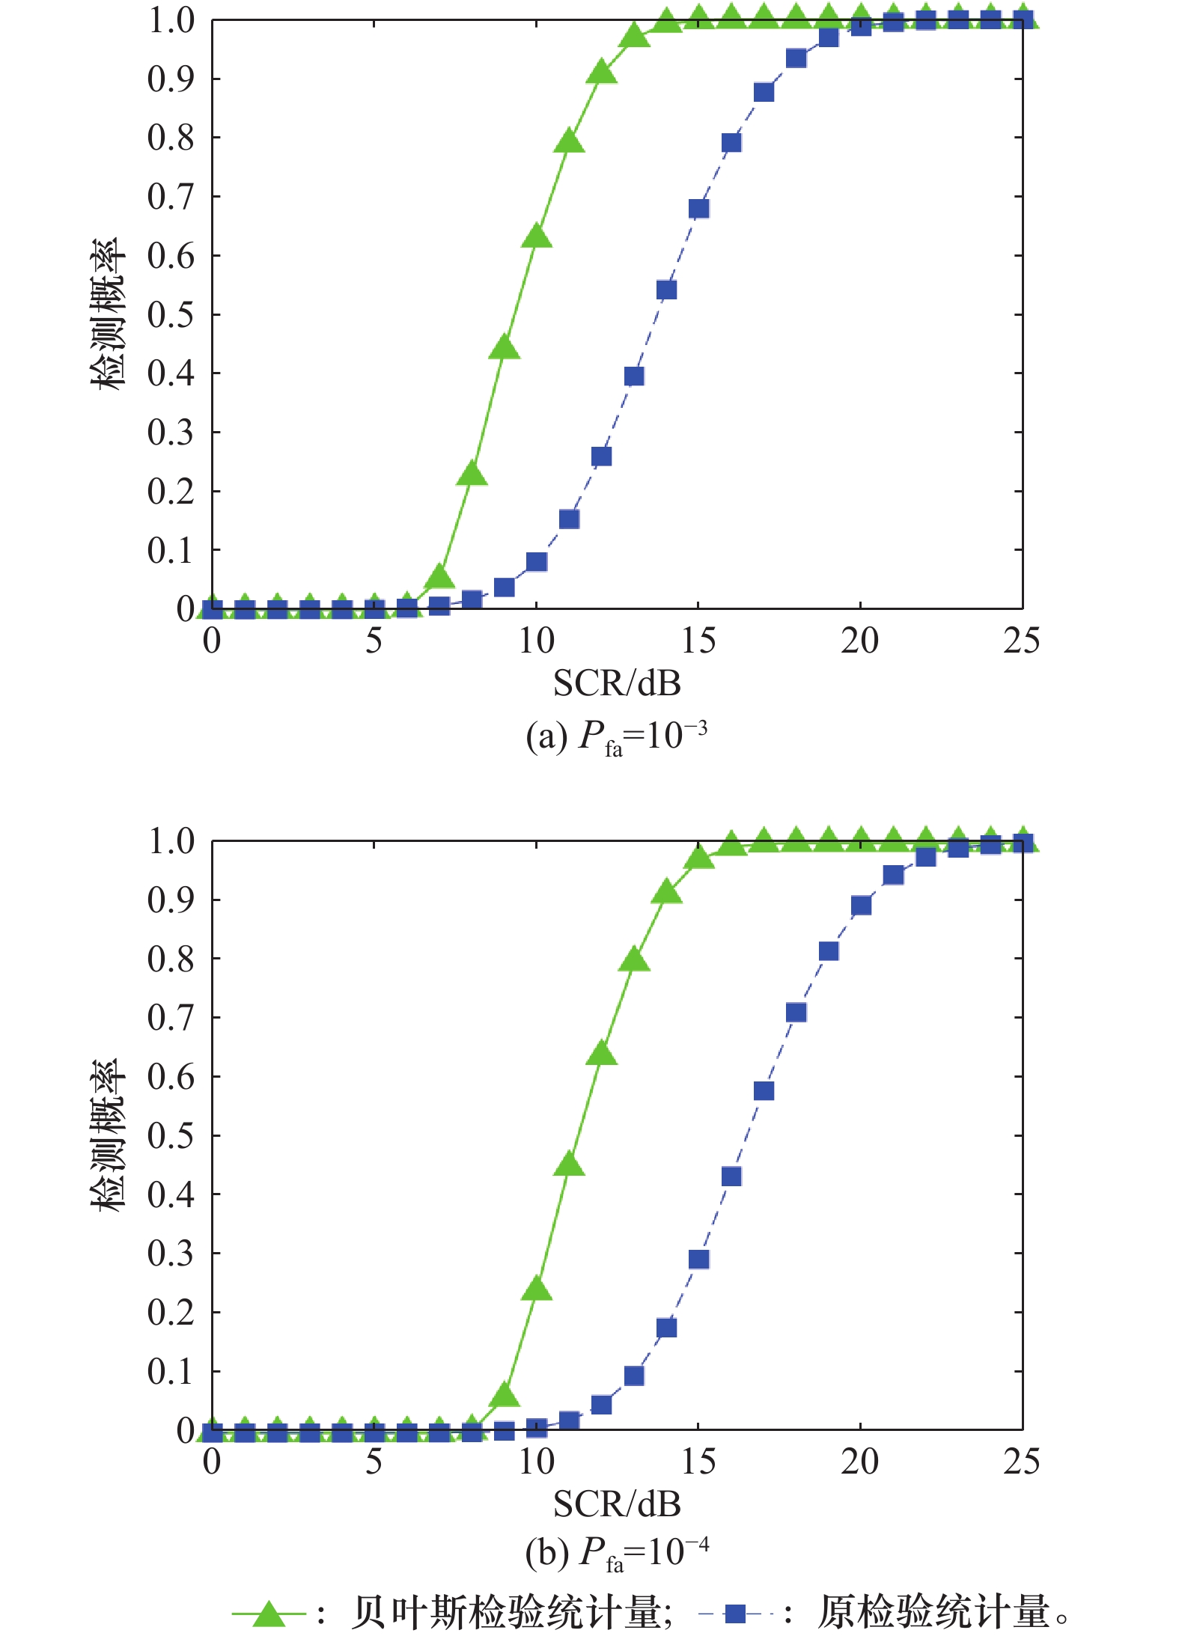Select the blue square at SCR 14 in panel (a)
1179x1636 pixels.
coord(666,290)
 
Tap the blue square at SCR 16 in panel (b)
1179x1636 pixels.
coord(731,1176)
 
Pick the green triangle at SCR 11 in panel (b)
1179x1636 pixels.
coord(569,1165)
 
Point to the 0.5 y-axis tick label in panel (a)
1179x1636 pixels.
coord(171,314)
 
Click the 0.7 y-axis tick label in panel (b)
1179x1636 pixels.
coord(171,1018)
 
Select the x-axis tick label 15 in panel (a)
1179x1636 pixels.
coord(698,641)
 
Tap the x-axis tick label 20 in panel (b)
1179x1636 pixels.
coord(859,1462)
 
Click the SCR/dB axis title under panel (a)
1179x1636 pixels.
coord(617,683)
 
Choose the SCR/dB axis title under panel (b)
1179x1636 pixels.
coord(617,1504)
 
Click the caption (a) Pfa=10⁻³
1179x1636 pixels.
coord(616,736)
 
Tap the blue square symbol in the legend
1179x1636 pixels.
coord(735,1614)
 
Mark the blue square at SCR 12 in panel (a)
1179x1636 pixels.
coord(601,457)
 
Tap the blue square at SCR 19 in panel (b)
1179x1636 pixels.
coord(829,951)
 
